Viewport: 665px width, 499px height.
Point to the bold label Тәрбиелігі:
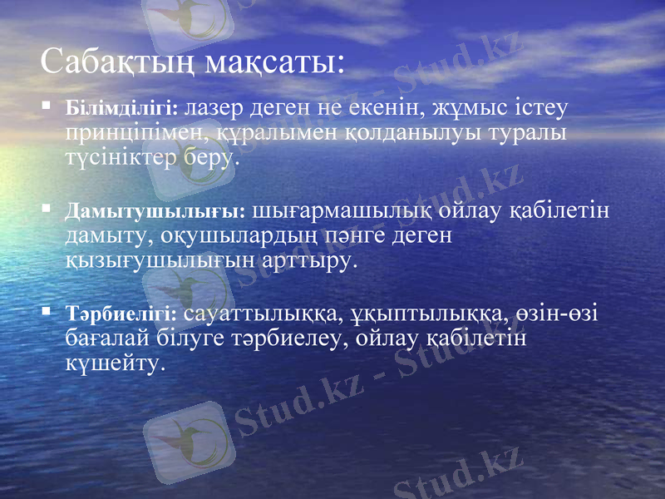121,314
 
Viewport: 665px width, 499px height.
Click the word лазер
210,107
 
